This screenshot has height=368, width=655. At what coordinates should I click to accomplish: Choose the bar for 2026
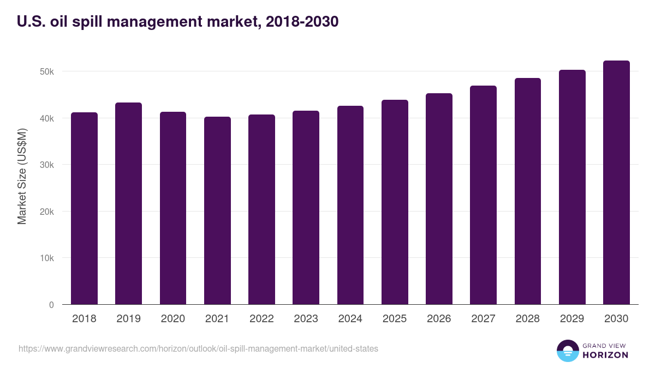point(439,199)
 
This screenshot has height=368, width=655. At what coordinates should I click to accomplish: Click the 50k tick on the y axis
point(46,71)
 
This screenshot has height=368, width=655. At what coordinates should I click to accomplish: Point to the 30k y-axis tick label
point(46,165)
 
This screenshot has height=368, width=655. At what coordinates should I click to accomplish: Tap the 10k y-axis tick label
point(46,258)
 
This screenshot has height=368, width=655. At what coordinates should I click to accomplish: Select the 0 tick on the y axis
point(51,305)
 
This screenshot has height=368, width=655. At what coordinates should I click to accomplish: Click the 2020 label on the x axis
point(172,319)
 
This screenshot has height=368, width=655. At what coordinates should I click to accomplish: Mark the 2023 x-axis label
point(306,319)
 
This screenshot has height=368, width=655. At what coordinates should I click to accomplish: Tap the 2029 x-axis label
point(572,319)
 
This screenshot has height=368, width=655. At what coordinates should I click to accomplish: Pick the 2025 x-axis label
point(395,319)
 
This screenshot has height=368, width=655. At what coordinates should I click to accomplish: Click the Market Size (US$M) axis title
point(22,176)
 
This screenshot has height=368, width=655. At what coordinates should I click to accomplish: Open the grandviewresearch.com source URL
point(198,348)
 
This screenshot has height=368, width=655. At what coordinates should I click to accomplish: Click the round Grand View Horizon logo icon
point(567,351)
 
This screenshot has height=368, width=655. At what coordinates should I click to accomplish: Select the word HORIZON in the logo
point(605,355)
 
